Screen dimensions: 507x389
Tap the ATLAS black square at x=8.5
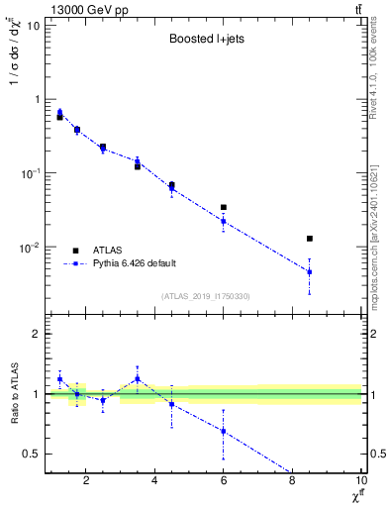[x=310, y=239]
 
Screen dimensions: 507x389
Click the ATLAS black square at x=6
[x=224, y=207]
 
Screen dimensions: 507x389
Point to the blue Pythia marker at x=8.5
[x=310, y=271]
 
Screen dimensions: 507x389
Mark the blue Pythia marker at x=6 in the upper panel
[x=224, y=221]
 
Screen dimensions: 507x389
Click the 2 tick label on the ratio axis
[x=34, y=334]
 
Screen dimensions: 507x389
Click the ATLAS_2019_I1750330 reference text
[x=204, y=296]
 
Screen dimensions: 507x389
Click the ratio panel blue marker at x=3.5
[x=138, y=378]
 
